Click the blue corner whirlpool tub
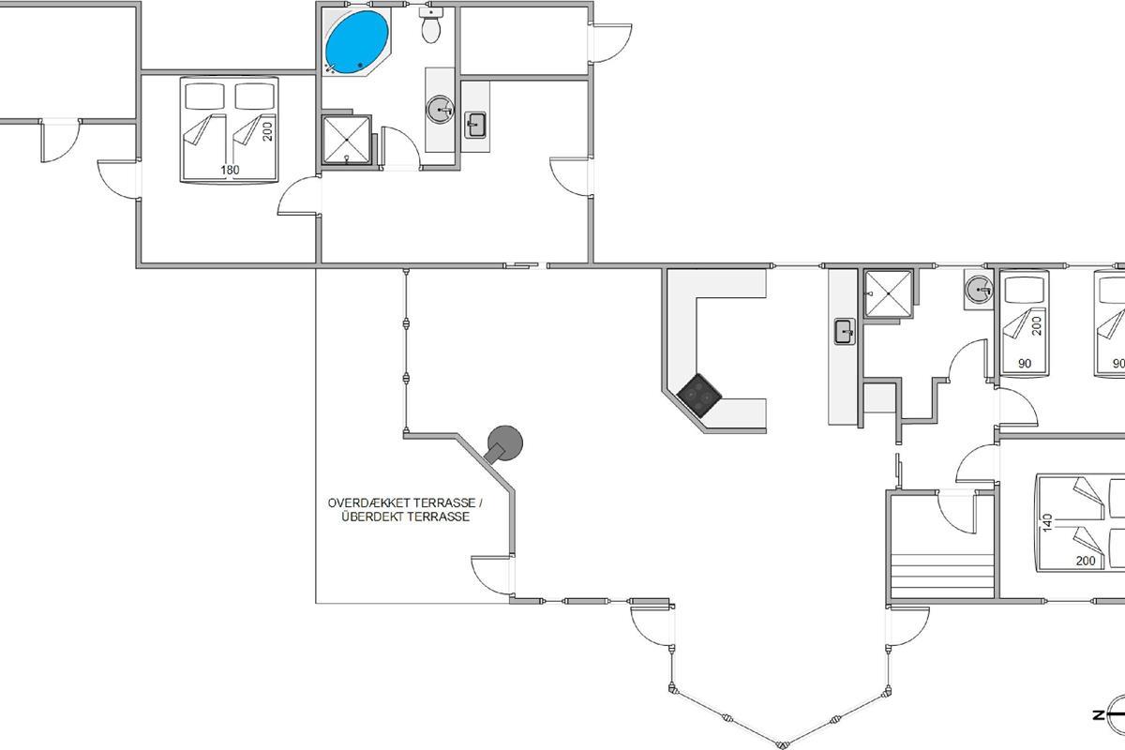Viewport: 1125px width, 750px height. [357, 42]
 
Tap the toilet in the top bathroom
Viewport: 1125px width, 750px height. [431, 25]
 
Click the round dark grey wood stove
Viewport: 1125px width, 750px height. [503, 443]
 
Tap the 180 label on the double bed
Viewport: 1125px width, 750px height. [230, 170]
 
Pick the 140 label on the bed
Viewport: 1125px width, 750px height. [1047, 523]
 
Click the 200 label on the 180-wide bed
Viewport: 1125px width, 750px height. [267, 131]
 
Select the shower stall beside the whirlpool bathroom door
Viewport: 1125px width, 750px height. [347, 140]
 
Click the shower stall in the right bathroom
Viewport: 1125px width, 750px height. [888, 293]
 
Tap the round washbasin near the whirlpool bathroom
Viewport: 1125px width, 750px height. [440, 109]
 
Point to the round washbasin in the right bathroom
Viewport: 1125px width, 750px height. [979, 289]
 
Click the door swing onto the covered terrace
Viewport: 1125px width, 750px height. [491, 576]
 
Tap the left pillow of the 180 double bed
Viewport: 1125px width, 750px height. [204, 96]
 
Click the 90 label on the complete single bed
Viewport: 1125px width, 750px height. [1025, 363]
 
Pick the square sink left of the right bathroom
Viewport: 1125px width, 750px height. [845, 332]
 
